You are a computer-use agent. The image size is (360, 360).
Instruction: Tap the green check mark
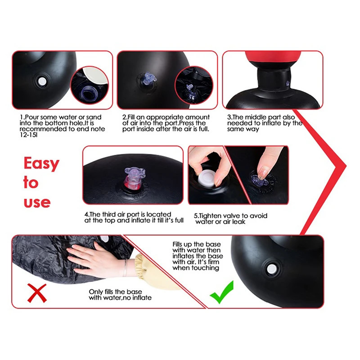point(222,292)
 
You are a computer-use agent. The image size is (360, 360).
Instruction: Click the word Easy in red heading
point(41,164)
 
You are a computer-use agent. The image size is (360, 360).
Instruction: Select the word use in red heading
point(37,202)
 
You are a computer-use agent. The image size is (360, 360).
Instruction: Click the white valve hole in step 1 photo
point(42,81)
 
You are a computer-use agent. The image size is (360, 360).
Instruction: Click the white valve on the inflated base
point(272,269)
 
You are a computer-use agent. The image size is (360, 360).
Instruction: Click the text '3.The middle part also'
point(262,117)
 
